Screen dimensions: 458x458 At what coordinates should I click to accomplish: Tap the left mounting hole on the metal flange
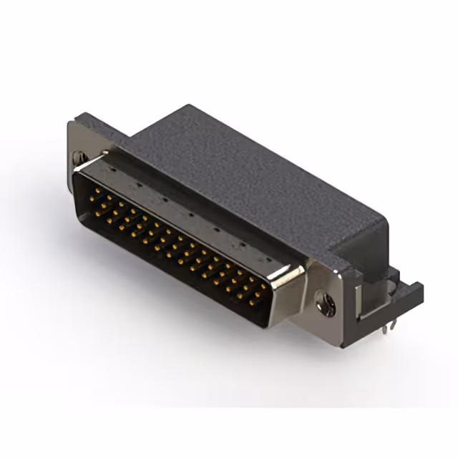pyautogui.click(x=81, y=155)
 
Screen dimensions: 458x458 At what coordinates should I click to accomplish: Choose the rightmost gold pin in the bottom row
pyautogui.click(x=252, y=303)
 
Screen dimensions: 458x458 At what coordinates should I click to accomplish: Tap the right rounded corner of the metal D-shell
pyautogui.click(x=295, y=276)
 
